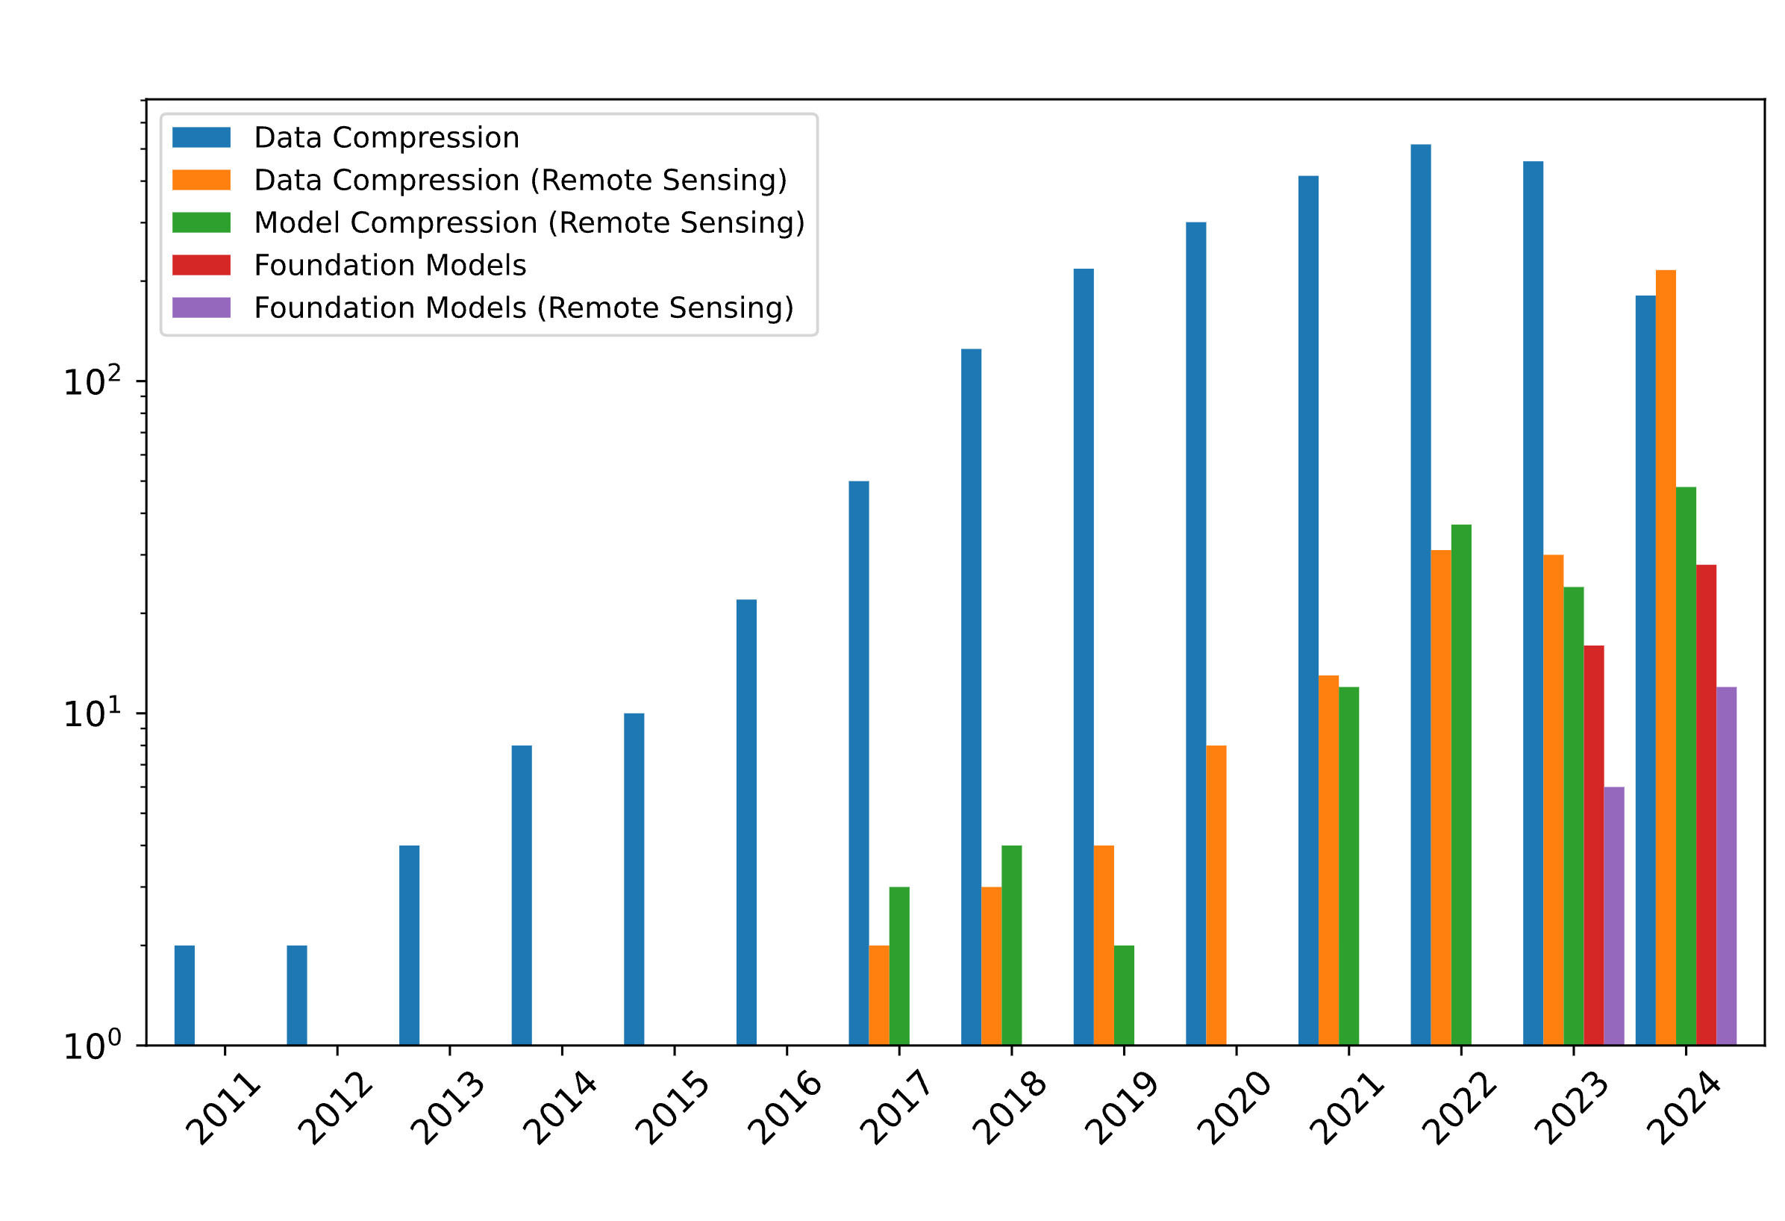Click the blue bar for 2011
(184, 995)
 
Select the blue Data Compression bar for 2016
(745, 822)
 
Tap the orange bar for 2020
(1216, 895)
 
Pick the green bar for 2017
(898, 966)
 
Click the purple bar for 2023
(1613, 916)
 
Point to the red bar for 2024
(1706, 805)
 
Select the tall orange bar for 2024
(1665, 657)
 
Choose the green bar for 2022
(1461, 784)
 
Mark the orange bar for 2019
(1104, 945)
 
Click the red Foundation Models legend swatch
(201, 265)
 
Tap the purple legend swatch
(201, 307)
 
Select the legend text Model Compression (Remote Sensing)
(529, 223)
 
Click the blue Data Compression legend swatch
(201, 137)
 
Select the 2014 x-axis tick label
(559, 1109)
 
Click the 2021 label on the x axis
(1345, 1109)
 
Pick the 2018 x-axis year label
(1008, 1109)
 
